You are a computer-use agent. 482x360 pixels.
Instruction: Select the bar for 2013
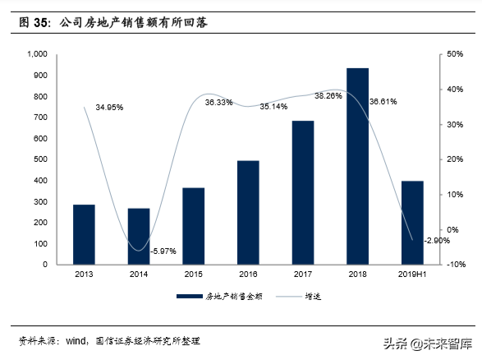pos(84,234)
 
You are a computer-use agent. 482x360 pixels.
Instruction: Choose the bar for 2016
pos(248,212)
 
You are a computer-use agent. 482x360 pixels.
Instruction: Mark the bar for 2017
pos(302,192)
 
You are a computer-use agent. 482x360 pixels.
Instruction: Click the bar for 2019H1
pos(412,222)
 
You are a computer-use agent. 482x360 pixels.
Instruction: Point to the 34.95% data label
pos(109,108)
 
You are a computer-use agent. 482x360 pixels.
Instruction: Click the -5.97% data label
pos(163,251)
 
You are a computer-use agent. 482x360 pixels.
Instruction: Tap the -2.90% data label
pos(436,240)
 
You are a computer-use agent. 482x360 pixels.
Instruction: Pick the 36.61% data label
pos(383,102)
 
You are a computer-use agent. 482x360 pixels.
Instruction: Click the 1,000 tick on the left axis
pos(37,54)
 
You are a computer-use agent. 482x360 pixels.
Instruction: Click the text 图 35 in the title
pos(35,24)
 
